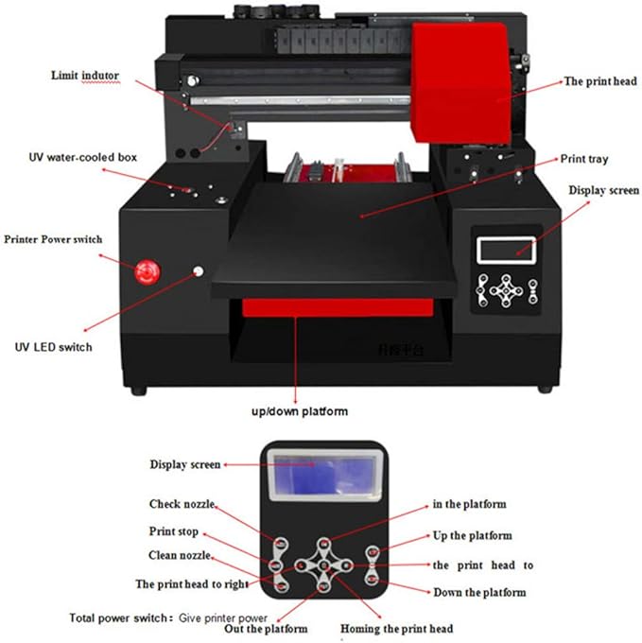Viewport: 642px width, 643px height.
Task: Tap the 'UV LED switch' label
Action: [x=53, y=347]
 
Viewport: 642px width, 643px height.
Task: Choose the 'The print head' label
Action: [x=600, y=82]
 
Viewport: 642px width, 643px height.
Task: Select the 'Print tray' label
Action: [x=584, y=158]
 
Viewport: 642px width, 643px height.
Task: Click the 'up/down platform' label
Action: [x=299, y=411]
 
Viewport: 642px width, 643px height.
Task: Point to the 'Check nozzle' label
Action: [x=182, y=504]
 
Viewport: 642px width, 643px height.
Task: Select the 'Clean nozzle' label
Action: [x=181, y=555]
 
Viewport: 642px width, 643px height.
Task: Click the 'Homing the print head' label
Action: [x=396, y=629]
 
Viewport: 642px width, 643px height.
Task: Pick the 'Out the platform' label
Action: [x=266, y=629]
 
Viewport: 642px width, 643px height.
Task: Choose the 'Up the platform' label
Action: [x=472, y=536]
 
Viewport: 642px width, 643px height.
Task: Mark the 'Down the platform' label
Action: [x=479, y=592]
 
